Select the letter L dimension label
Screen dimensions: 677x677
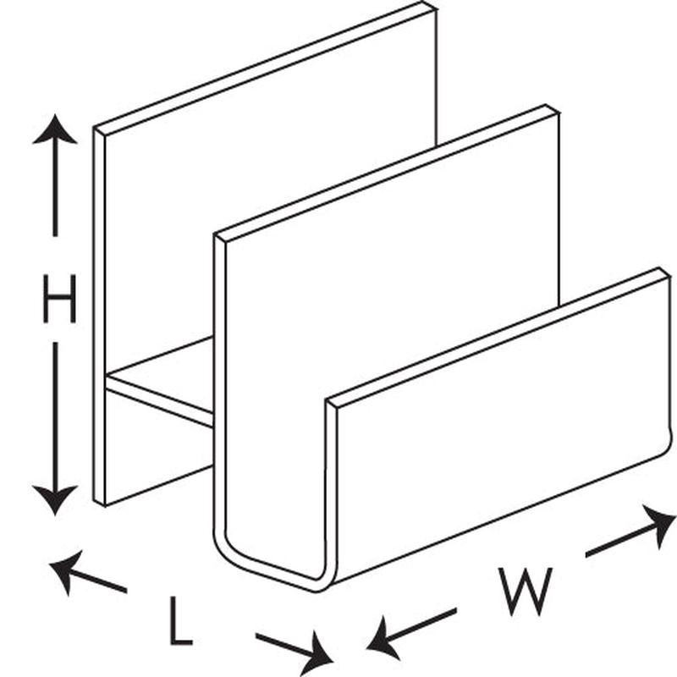[179, 619]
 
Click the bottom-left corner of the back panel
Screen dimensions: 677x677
[99, 504]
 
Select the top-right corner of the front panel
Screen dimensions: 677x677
[665, 272]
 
